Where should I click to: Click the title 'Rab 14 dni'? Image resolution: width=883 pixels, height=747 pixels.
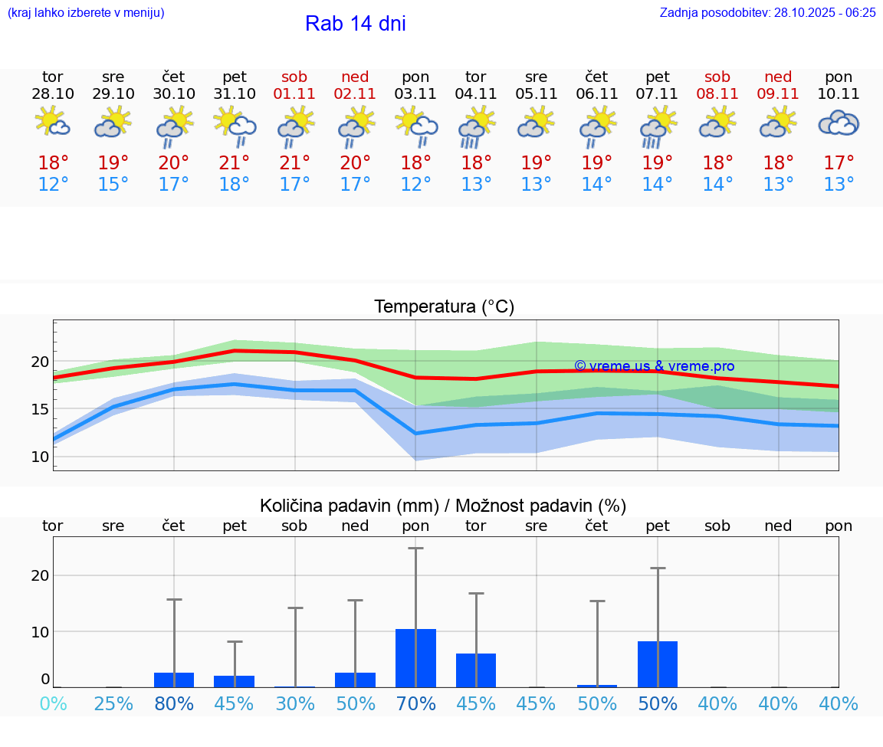click(355, 24)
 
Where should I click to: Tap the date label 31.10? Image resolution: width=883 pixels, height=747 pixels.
click(235, 94)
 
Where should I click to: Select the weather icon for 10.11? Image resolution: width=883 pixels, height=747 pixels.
click(839, 123)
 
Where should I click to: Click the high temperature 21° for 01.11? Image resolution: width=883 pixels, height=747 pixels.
click(294, 163)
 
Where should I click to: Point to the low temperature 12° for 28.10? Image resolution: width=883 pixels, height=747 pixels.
click(53, 185)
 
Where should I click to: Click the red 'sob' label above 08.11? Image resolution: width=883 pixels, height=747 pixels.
click(717, 77)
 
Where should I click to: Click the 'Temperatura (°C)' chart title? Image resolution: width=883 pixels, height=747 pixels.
click(444, 307)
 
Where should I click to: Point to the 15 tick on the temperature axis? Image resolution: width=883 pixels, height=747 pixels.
click(40, 409)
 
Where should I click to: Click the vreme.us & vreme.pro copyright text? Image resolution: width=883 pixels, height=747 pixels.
click(654, 366)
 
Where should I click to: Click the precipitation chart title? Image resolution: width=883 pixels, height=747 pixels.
click(443, 506)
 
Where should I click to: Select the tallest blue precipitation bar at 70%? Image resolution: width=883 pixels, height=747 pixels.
click(415, 658)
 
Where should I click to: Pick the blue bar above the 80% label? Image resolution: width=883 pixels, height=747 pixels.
click(174, 680)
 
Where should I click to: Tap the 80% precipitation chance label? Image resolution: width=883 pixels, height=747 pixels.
click(174, 703)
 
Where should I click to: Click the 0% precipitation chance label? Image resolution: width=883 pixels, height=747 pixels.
click(53, 703)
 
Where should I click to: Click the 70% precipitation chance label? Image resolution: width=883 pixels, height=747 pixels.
click(415, 703)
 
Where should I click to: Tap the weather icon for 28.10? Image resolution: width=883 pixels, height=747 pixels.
click(53, 123)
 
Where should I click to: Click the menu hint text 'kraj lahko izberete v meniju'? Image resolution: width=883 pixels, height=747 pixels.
click(86, 13)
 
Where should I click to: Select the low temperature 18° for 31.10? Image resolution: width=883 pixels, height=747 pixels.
click(235, 185)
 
